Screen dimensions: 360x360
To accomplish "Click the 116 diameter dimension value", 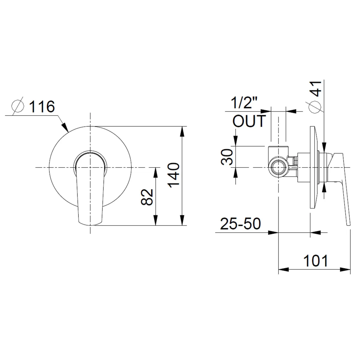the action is pyautogui.click(x=42, y=107).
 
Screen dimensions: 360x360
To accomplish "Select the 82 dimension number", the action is pyautogui.click(x=147, y=197).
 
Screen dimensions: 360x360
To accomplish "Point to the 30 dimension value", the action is pyautogui.click(x=227, y=157).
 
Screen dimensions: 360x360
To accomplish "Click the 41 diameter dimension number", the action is pyautogui.click(x=315, y=89).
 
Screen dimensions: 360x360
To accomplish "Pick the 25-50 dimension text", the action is pyautogui.click(x=240, y=223).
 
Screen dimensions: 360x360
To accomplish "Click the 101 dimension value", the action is pyautogui.click(x=316, y=261).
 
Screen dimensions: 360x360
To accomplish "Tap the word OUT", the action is pyautogui.click(x=249, y=121).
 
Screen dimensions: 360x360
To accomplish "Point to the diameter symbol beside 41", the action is pyautogui.click(x=315, y=107).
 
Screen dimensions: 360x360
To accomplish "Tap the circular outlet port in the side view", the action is pyautogui.click(x=278, y=167).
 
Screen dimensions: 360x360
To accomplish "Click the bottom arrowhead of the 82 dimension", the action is pyautogui.click(x=155, y=220).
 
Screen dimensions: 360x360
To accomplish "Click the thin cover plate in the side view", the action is pyautogui.click(x=314, y=167).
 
